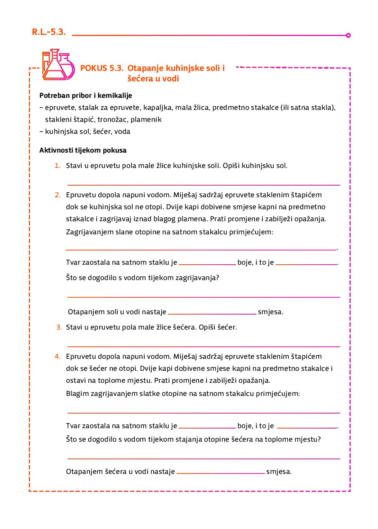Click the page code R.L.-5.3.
[49, 32]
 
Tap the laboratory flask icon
[58, 65]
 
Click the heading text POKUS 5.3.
[102, 68]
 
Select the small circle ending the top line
[348, 36]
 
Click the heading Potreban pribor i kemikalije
[85, 96]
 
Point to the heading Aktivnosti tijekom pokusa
[83, 150]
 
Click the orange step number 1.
[57, 166]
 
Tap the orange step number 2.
[57, 195]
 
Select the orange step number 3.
[59, 327]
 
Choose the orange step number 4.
[57, 357]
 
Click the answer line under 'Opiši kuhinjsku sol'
[204, 184]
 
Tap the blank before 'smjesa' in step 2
[212, 313]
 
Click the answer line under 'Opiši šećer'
[204, 346]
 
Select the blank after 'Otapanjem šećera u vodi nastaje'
[220, 473]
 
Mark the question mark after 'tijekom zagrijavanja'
[217, 278]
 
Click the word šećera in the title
[139, 79]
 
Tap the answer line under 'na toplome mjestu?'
[204, 458]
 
